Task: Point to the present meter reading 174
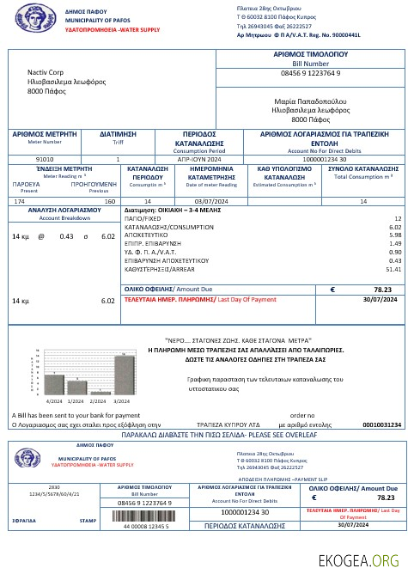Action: click(21, 200)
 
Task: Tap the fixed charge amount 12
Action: click(397, 219)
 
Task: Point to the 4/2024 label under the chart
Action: click(54, 400)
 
